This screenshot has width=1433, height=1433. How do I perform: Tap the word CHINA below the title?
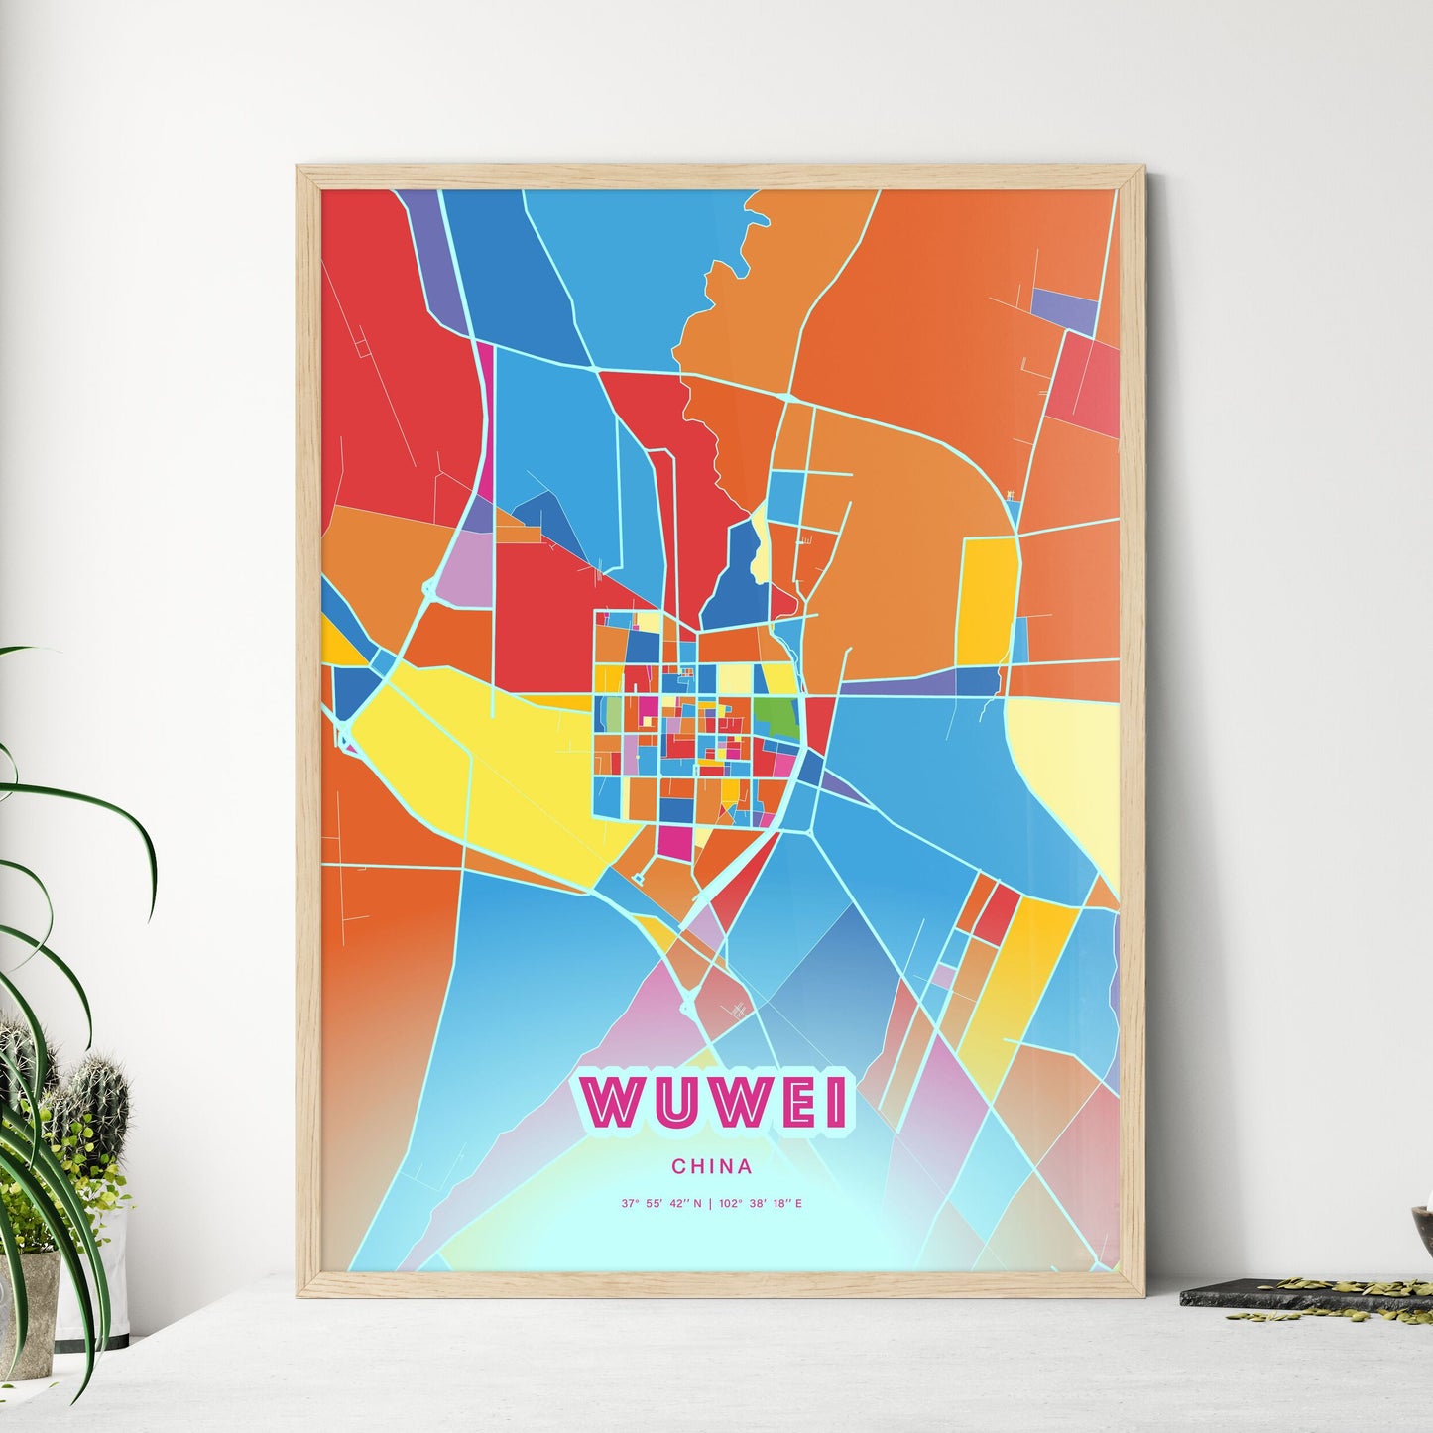click(711, 1166)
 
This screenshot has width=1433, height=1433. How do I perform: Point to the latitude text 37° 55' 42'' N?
click(661, 1204)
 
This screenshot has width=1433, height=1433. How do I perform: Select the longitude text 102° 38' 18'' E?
click(763, 1204)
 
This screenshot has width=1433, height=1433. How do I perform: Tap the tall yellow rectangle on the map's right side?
click(985, 600)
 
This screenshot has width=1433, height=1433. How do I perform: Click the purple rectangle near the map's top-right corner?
click(1064, 308)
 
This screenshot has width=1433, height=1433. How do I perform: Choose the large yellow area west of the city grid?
click(476, 764)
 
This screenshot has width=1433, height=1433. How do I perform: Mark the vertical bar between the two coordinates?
click(711, 1204)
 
